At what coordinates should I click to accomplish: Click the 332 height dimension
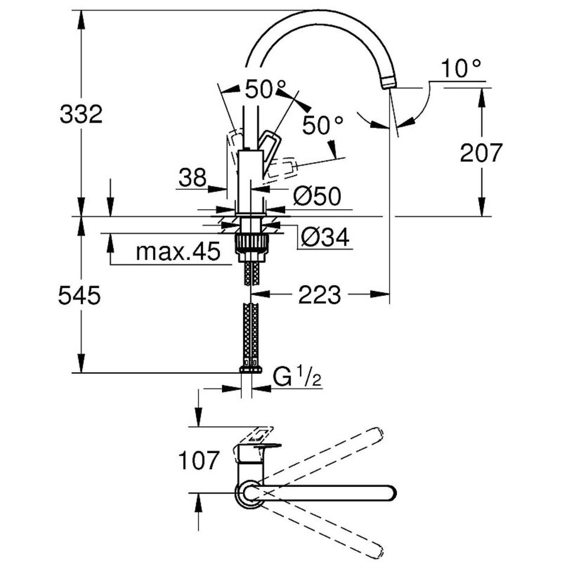coord(81,114)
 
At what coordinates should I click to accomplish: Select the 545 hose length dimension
coord(79,295)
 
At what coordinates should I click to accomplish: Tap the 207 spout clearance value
coord(480,154)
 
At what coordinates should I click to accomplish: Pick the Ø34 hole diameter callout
coord(325,237)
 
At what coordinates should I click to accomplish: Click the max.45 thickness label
coord(177,252)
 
